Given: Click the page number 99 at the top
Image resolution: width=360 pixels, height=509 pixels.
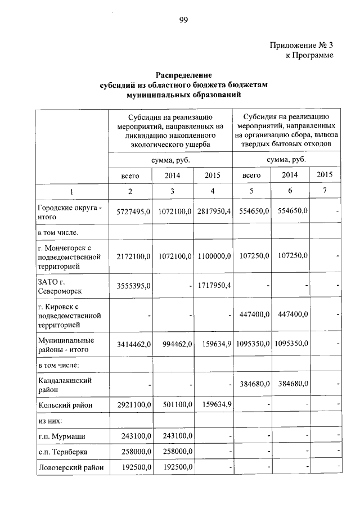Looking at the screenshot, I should coord(184,21).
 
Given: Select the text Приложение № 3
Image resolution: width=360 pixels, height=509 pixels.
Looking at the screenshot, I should coord(301,44).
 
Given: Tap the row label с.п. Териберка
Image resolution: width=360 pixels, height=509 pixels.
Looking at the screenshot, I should coord(62,452).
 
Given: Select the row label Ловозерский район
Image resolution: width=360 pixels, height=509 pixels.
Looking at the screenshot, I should coord(70,467).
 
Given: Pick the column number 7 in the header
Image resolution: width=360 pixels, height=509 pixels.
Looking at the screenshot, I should coord(325,192).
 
